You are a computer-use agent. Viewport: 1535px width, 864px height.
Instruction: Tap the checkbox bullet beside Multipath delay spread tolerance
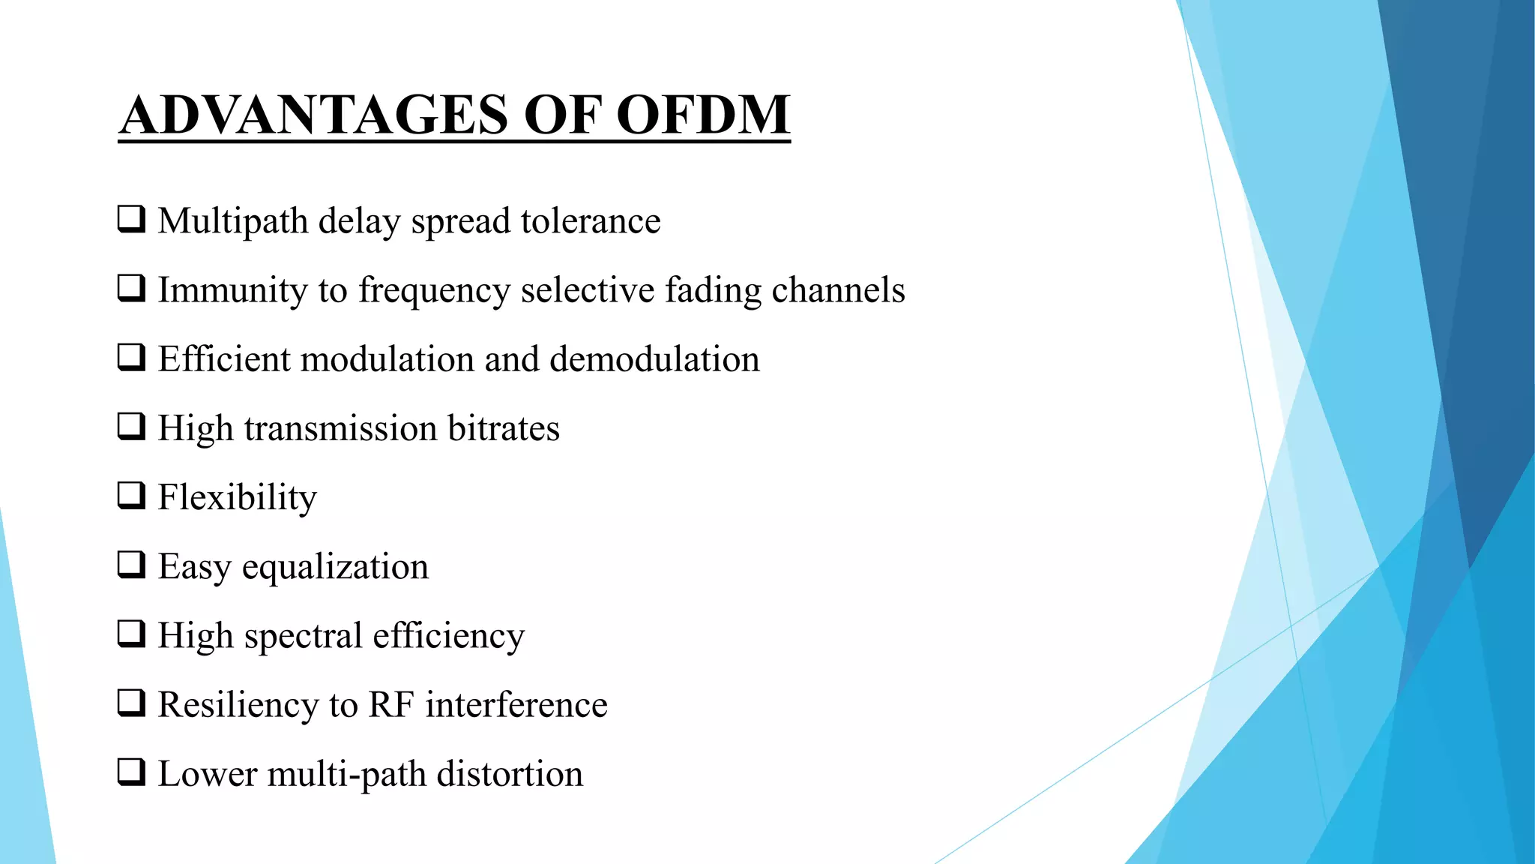(131, 219)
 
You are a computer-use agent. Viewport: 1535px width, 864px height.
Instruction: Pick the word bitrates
(503, 428)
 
